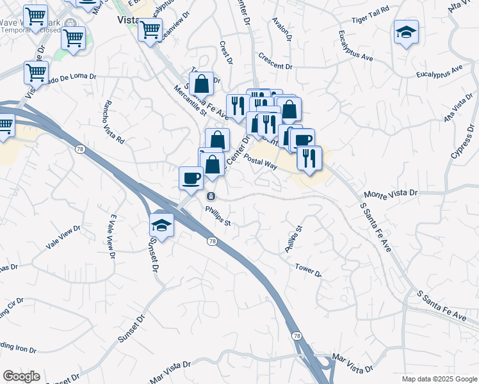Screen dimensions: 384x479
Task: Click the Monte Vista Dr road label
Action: tap(390, 193)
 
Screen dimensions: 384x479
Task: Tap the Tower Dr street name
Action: tap(308, 271)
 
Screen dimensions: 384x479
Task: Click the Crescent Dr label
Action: tap(275, 66)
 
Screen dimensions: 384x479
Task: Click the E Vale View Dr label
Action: tap(113, 237)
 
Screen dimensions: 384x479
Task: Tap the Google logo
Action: tap(22, 376)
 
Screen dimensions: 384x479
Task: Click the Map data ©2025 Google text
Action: tap(439, 379)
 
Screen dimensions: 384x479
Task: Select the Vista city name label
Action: tap(128, 20)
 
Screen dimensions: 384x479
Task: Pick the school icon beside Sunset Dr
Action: tap(162, 225)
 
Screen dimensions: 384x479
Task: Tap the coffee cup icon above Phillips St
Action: tap(191, 178)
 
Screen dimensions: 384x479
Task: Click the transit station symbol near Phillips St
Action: tap(211, 196)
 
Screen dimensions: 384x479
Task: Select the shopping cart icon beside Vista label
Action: tap(150, 29)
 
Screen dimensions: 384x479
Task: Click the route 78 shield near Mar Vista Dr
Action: tap(296, 336)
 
